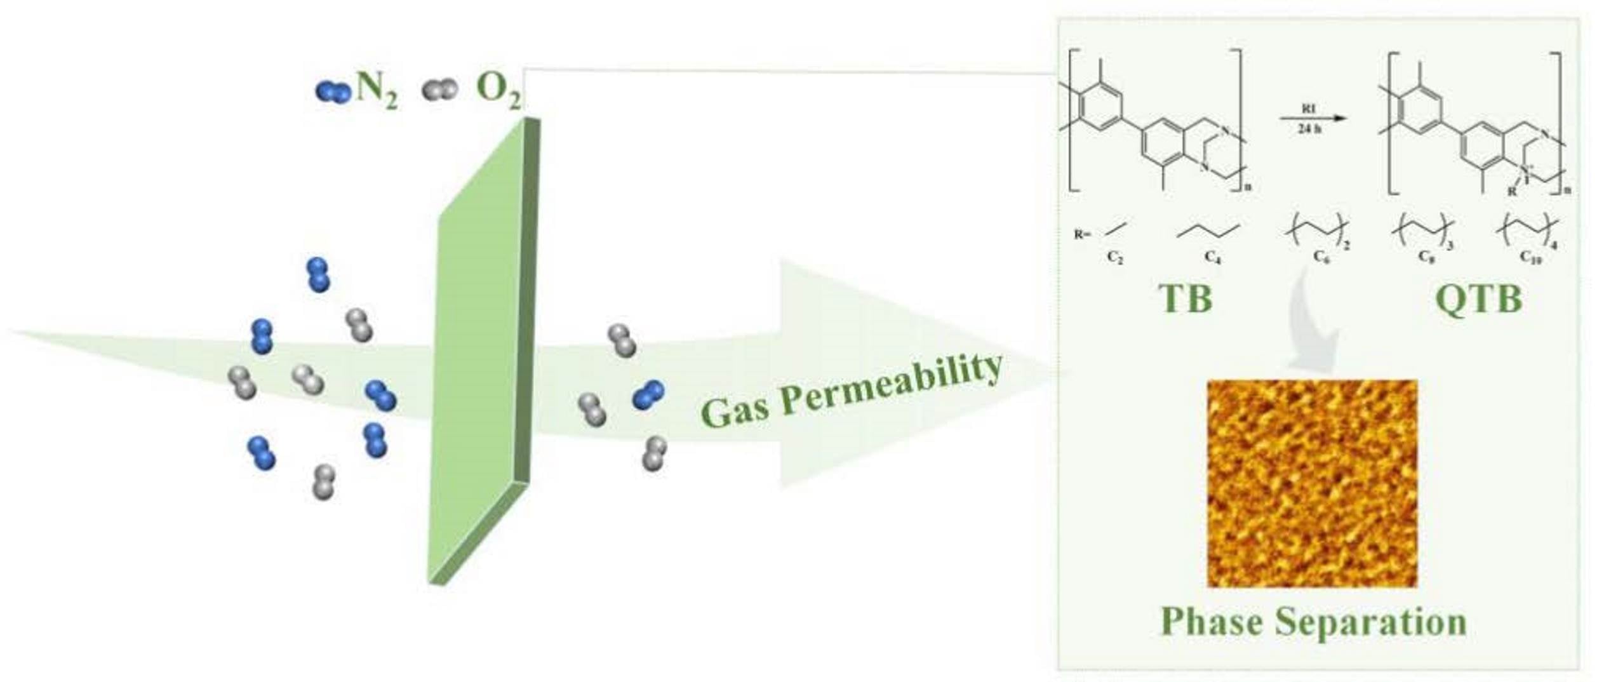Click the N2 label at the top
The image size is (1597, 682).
click(x=377, y=90)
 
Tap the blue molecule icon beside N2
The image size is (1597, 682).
click(x=333, y=91)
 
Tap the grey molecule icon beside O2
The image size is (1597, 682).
click(x=439, y=90)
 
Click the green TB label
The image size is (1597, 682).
click(x=1185, y=298)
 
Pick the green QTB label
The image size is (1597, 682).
click(x=1479, y=298)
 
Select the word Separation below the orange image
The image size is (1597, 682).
click(x=1371, y=622)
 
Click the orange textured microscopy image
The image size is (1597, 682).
click(x=1312, y=483)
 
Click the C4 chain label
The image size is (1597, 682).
click(x=1212, y=257)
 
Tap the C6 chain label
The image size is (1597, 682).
click(x=1321, y=257)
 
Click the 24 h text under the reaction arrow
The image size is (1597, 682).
click(x=1309, y=128)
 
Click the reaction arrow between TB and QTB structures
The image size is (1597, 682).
click(x=1312, y=118)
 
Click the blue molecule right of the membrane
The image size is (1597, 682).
click(x=648, y=394)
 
